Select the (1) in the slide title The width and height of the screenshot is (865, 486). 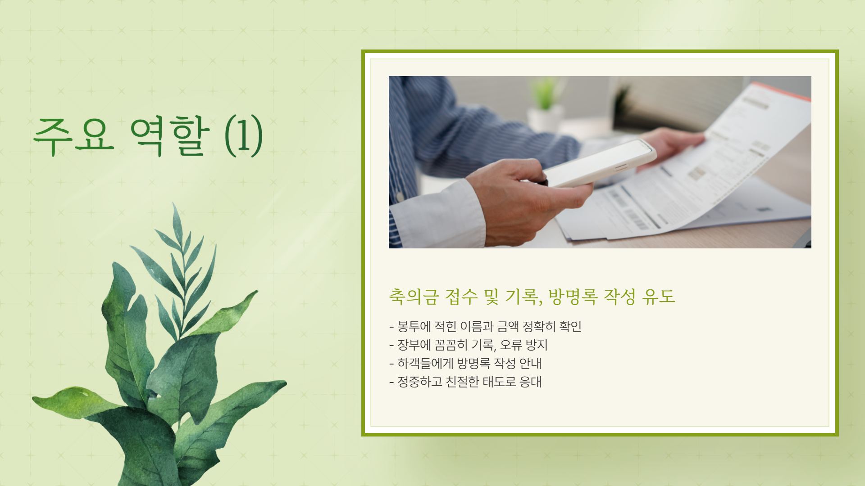click(x=243, y=136)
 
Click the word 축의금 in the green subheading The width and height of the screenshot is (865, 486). click(x=414, y=297)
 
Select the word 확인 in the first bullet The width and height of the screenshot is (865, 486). click(x=570, y=326)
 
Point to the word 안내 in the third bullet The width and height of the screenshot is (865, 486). click(x=530, y=364)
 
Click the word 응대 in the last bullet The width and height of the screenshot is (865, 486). click(x=530, y=382)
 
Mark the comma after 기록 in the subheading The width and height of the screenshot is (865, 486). click(x=540, y=302)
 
